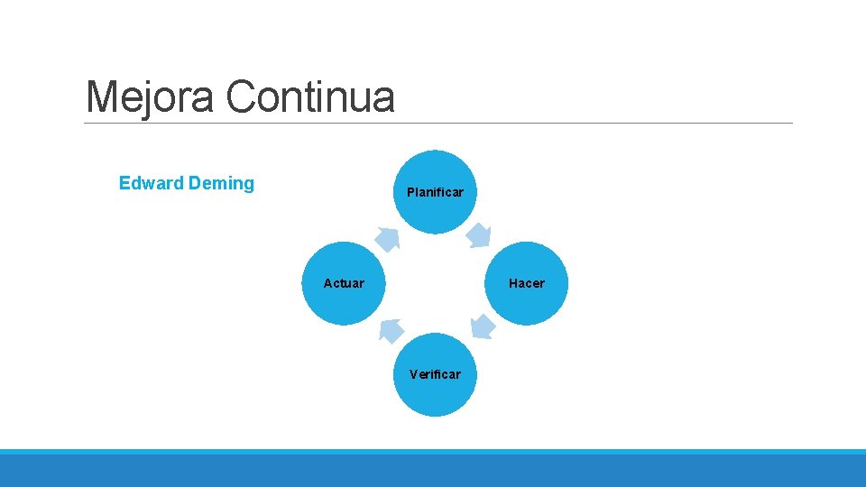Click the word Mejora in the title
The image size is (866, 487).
[x=150, y=96]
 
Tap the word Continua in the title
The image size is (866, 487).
[x=310, y=96]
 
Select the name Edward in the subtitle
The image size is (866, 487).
[x=151, y=183]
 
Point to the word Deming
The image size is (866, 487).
[x=221, y=183]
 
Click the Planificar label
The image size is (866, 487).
[x=435, y=192]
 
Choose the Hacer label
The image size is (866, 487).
[x=527, y=283]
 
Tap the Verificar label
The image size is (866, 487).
[x=435, y=374]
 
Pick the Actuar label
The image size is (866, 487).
[x=344, y=283]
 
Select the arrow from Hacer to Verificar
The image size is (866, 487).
[x=482, y=327]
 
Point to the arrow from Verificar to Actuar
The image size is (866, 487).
[x=390, y=330]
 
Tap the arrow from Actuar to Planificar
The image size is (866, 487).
[x=388, y=237]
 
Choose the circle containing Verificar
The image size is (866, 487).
[x=436, y=397]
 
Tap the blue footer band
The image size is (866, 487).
[x=433, y=469]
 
